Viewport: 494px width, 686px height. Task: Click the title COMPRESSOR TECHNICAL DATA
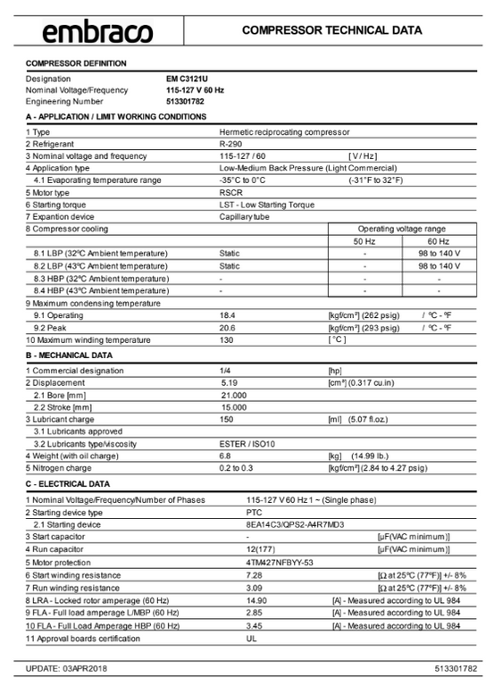(332, 30)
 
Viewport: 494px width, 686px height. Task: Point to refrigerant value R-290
(230, 143)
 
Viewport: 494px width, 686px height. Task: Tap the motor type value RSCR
(230, 192)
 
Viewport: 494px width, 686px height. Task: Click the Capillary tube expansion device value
(246, 216)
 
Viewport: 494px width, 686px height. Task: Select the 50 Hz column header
(364, 241)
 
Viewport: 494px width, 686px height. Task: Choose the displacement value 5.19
(229, 382)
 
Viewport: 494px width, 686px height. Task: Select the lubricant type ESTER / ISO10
(247, 443)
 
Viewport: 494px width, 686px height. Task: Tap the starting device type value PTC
(254, 513)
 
